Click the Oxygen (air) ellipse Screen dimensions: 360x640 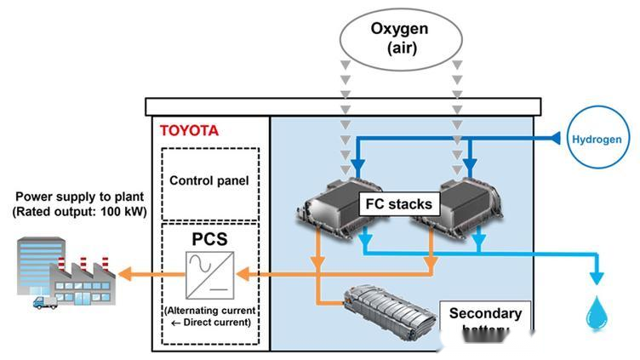click(399, 38)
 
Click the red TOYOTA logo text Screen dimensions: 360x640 click(189, 131)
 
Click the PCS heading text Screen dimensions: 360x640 click(209, 238)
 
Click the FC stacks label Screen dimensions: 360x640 click(399, 204)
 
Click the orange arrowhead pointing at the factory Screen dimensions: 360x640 click(125, 274)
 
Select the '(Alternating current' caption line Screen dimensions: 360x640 click(209, 310)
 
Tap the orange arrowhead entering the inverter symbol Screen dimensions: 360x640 click(243, 274)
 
